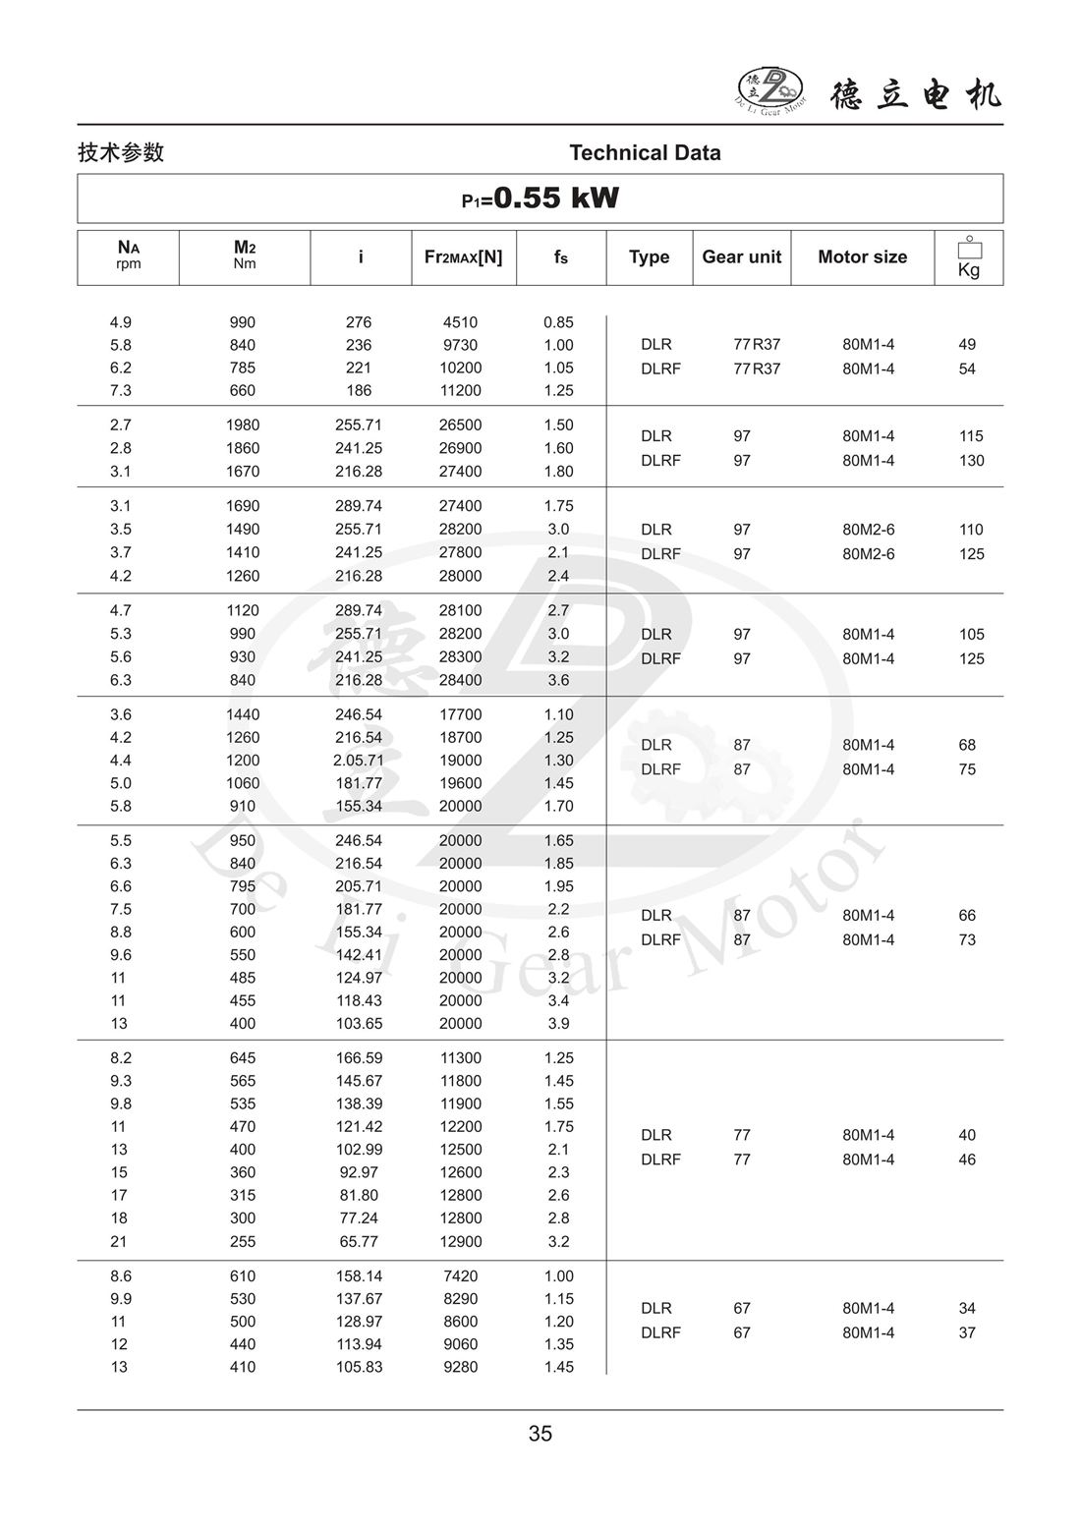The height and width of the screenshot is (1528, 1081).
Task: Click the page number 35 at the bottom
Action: pyautogui.click(x=540, y=1434)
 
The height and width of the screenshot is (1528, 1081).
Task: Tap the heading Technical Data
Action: pyautogui.click(x=645, y=152)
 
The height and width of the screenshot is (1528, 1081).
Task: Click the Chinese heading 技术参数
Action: pyautogui.click(x=121, y=152)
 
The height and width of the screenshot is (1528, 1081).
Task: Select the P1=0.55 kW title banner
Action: pyautogui.click(x=540, y=198)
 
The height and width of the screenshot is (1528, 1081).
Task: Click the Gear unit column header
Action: pyautogui.click(x=741, y=257)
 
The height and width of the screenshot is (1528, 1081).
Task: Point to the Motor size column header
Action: pyautogui.click(x=862, y=257)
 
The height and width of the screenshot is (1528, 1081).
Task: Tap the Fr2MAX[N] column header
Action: pyautogui.click(x=463, y=257)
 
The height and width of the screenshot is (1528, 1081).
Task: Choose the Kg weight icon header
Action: pyautogui.click(x=969, y=257)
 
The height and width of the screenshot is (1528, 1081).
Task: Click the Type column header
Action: pyautogui.click(x=649, y=257)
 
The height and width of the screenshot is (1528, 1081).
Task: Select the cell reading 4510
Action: pyautogui.click(x=460, y=322)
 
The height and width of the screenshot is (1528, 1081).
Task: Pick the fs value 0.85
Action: pyautogui.click(x=558, y=322)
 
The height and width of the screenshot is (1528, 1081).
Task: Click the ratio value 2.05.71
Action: pyautogui.click(x=359, y=761)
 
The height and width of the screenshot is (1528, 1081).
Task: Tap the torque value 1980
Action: pyautogui.click(x=243, y=425)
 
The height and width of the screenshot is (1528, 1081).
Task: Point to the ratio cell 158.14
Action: pyautogui.click(x=359, y=1276)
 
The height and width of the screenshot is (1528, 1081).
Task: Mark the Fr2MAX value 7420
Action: pyautogui.click(x=460, y=1276)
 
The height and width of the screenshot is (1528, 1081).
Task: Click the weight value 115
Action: pyautogui.click(x=971, y=436)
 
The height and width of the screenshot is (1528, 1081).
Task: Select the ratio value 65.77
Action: pyautogui.click(x=359, y=1242)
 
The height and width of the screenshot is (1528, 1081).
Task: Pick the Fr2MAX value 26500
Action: pyautogui.click(x=460, y=425)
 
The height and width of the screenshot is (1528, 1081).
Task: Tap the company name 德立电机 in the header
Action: pyautogui.click(x=916, y=94)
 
